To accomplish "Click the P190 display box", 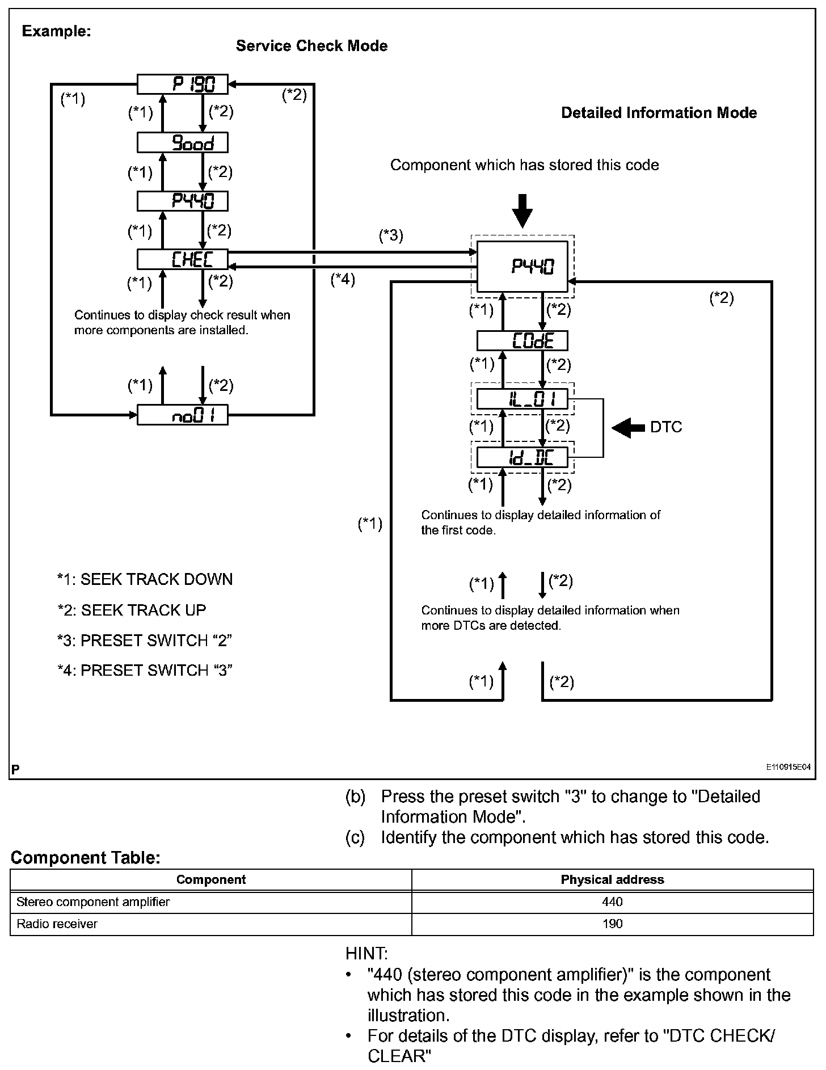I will pos(183,85).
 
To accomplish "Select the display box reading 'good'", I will pos(183,142).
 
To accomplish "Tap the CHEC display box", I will pos(183,259).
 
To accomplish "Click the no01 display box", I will pos(183,415).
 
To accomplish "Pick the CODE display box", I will pos(522,341).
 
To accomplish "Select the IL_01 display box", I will pos(522,399).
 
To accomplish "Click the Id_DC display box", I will pos(522,457).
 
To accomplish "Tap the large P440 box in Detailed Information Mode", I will pos(522,267).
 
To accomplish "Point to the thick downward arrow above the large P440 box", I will pos(522,210).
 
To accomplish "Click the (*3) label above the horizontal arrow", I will pos(391,235).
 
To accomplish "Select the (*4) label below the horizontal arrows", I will pos(343,279).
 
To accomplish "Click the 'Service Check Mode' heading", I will pos(311,46).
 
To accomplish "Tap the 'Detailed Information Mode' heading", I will pos(659,113).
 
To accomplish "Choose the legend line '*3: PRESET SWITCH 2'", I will pos(145,641).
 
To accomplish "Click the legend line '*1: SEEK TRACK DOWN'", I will pos(145,579).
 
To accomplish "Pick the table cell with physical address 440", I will pos(612,902).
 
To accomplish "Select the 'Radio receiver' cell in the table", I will pos(57,924).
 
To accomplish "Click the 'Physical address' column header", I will pos(612,879).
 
